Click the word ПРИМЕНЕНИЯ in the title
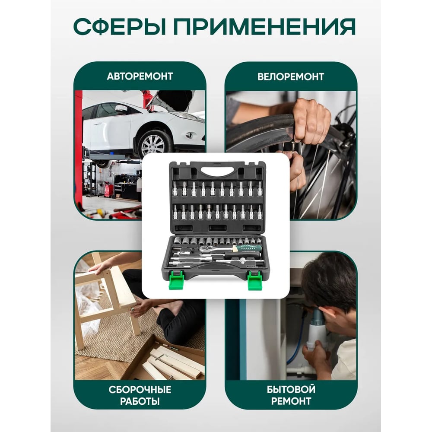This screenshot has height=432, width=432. (x=264, y=27)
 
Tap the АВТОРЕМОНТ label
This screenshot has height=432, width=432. (x=140, y=76)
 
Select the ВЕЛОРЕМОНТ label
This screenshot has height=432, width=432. (x=291, y=76)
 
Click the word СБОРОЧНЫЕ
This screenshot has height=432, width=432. (x=140, y=390)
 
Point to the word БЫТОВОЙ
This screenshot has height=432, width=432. (x=291, y=389)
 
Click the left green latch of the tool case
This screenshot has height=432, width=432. (x=176, y=280)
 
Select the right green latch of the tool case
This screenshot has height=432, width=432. (x=255, y=280)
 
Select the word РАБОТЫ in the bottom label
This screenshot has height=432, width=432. (x=140, y=401)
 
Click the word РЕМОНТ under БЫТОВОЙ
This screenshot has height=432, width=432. (x=291, y=401)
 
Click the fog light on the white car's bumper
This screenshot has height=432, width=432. (x=190, y=135)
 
